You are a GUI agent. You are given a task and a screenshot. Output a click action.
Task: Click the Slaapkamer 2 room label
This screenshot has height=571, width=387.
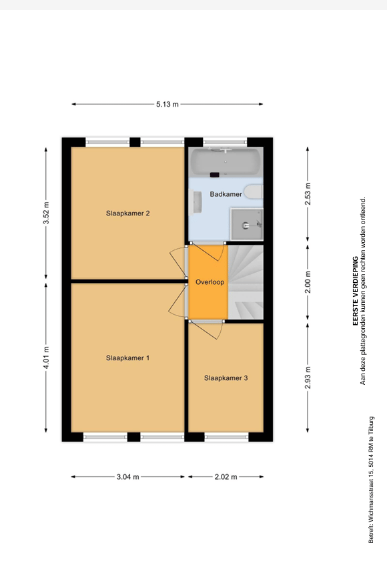coord(127,213)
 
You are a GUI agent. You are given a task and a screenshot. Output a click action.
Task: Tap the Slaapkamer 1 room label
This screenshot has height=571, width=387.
coord(127,358)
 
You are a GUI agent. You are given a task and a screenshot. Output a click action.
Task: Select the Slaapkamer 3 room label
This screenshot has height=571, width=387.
coord(226,378)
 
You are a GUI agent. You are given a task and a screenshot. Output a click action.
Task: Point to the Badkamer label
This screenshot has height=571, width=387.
coord(226,194)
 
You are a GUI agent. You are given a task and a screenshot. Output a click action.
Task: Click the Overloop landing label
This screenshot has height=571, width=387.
coord(210,282)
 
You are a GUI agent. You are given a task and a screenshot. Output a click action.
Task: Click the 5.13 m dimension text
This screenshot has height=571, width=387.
coord(167,104)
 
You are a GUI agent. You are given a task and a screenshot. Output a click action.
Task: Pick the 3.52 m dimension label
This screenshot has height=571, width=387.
coord(46,213)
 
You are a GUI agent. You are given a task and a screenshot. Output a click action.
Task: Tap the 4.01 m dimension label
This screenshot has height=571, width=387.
coord(46,358)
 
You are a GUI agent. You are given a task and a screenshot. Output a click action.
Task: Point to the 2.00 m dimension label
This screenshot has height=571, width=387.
coord(308,282)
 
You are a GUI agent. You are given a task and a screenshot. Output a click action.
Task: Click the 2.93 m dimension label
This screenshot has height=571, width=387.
coord(308,378)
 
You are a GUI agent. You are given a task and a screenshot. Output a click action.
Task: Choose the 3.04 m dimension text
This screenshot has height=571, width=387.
coord(127,477)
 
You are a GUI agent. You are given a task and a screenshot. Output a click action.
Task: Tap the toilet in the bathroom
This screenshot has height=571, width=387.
coord(254,191)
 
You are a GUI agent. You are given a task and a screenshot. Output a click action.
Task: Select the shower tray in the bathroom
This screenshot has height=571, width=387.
coord(247,224)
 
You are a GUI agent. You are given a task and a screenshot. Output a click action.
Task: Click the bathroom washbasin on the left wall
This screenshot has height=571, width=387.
coord(196,203)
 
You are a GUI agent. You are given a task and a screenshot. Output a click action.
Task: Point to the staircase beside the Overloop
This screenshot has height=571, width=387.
coord(246,282)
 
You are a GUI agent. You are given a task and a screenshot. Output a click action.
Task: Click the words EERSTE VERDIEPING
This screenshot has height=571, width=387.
coord(355,291)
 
